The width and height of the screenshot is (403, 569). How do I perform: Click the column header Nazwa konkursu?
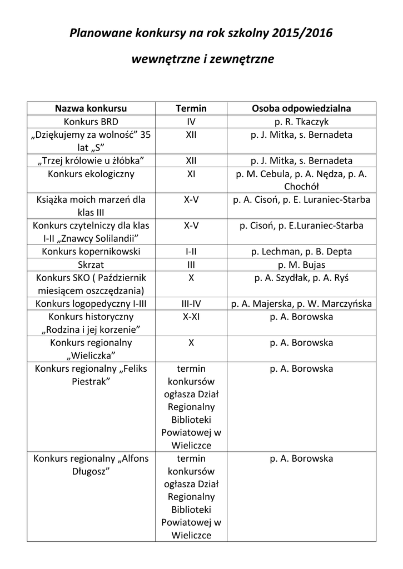[91, 108]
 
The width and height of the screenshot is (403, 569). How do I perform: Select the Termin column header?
[191, 108]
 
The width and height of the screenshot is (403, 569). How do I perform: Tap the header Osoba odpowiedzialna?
[301, 108]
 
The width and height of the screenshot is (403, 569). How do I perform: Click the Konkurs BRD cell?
[91, 122]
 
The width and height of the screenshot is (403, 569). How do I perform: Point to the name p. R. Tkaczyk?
[301, 122]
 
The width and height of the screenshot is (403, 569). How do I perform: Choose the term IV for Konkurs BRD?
[191, 122]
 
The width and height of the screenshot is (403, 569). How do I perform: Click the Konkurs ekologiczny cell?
[91, 174]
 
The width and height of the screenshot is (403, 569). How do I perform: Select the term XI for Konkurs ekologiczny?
[191, 174]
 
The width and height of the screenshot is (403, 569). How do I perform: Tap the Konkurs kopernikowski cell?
[91, 251]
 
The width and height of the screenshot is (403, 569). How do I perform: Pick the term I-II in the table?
[191, 251]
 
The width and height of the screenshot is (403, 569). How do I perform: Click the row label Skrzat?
[91, 264]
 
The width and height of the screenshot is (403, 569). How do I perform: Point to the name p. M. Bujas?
[301, 264]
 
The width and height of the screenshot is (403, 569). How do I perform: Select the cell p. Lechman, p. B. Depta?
[301, 251]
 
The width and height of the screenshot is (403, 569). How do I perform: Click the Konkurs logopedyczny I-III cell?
[91, 303]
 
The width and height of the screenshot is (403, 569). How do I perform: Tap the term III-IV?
[191, 303]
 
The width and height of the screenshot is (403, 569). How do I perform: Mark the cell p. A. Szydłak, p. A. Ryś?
[301, 277]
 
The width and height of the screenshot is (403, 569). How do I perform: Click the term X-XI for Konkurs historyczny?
[191, 317]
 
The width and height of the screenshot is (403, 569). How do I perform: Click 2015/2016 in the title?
[303, 34]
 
